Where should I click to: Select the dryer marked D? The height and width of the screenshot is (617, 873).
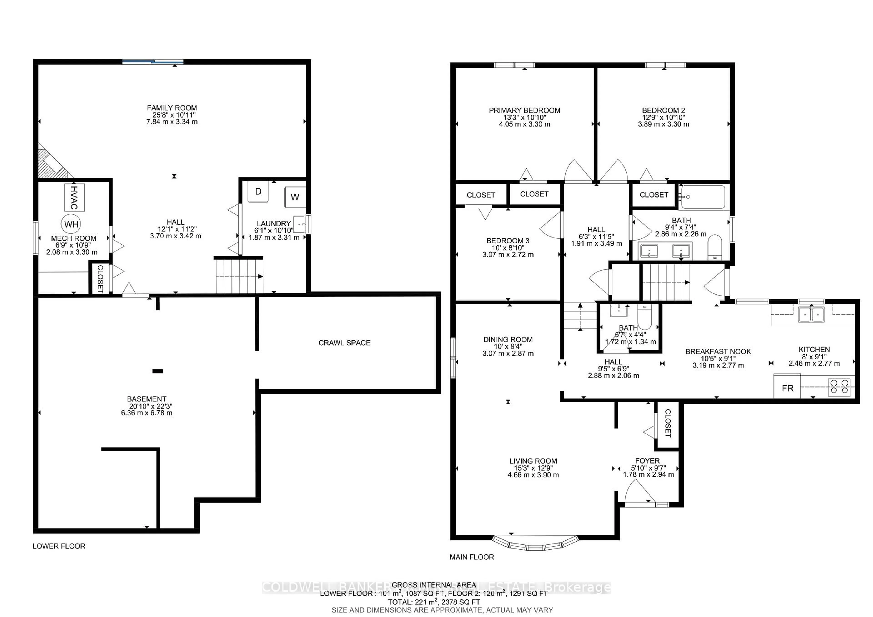[258, 192]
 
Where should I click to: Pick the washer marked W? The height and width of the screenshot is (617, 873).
[295, 197]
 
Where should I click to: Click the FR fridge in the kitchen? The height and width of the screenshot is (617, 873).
[787, 388]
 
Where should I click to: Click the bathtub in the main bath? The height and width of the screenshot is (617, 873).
[703, 197]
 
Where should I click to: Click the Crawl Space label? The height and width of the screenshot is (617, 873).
[344, 343]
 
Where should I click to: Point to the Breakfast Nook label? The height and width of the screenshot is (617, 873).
[718, 352]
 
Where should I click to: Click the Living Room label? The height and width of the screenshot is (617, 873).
[533, 461]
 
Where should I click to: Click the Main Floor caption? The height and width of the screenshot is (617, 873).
[472, 557]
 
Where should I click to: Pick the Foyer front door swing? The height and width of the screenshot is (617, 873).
[639, 493]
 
